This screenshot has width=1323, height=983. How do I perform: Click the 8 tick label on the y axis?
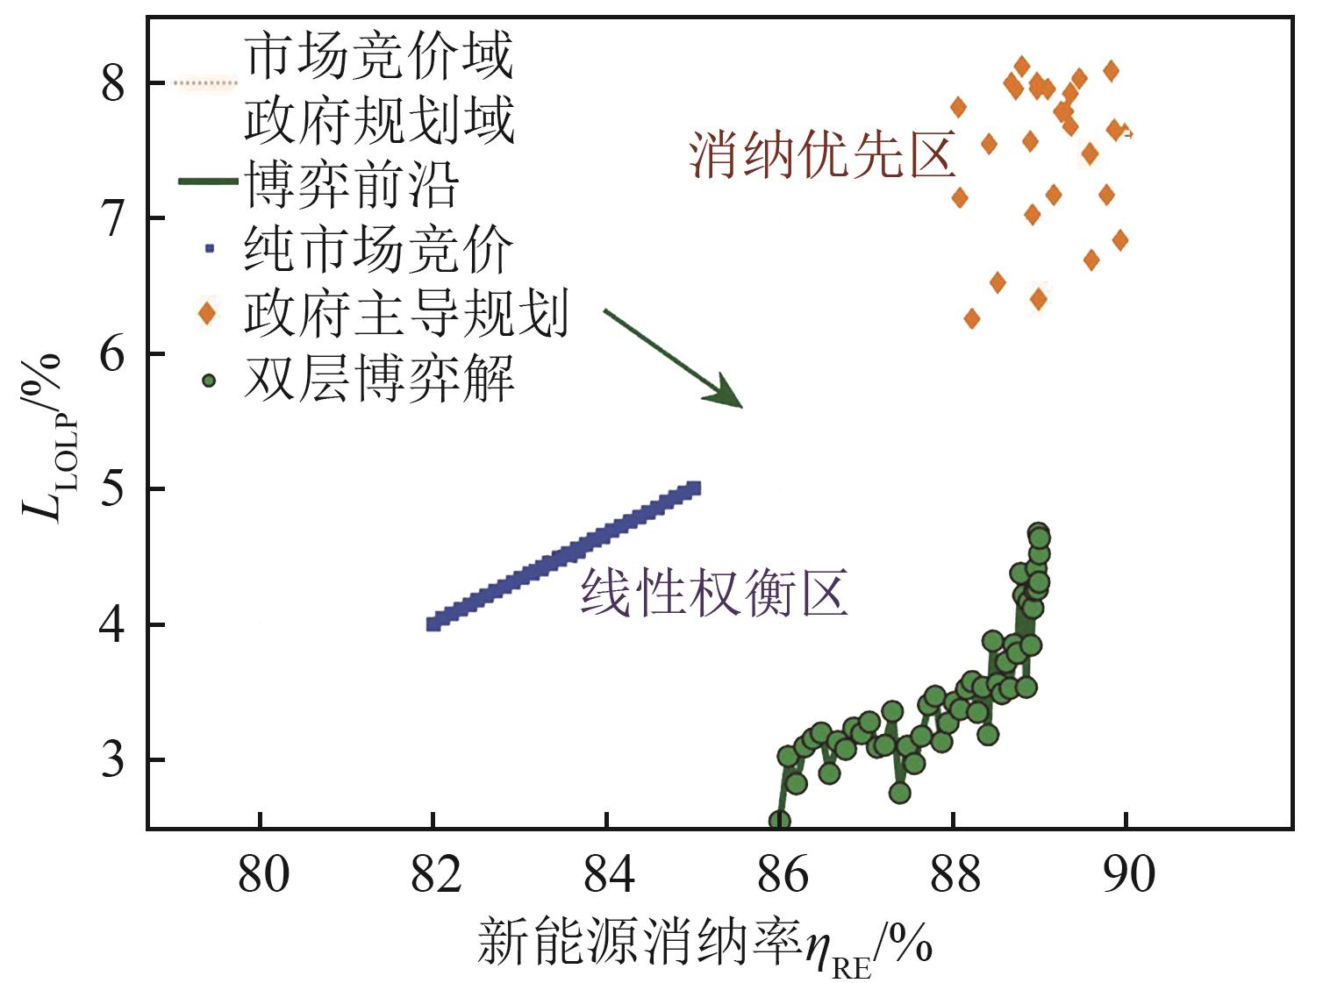[113, 83]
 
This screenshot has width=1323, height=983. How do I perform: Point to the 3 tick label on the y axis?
[113, 759]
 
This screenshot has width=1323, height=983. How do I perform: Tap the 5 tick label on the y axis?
[113, 488]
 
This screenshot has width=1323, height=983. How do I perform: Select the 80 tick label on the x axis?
[261, 874]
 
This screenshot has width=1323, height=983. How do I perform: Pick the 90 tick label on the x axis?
[1127, 874]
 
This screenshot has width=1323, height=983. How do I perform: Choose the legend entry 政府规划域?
[378, 120]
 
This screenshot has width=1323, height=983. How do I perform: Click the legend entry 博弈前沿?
[351, 184]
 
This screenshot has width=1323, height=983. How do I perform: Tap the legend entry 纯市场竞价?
[378, 249]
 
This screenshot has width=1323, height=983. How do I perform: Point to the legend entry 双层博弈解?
[378, 379]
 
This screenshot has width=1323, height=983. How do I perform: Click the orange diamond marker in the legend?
[207, 313]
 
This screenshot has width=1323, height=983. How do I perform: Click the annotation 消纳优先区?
[821, 155]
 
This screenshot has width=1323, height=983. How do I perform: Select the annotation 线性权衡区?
[713, 594]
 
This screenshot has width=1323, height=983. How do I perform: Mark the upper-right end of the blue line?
[694, 488]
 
